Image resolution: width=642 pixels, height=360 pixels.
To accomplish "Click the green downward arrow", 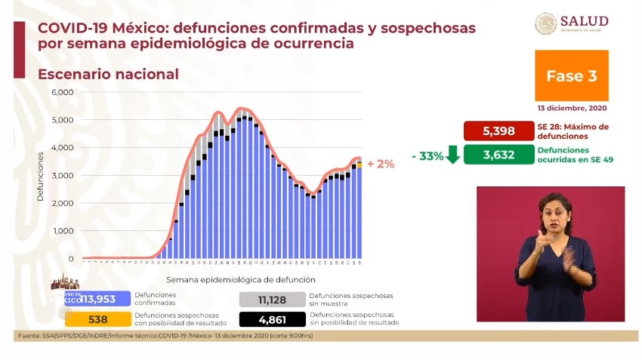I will tap(453, 155).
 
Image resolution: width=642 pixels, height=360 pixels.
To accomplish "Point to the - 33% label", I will tap(427, 155).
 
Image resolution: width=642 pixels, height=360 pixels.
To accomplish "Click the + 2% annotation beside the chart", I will tap(381, 163).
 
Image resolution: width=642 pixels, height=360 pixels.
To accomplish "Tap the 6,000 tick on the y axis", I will tap(62, 92).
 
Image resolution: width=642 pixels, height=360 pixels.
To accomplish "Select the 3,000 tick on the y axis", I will tap(62, 175).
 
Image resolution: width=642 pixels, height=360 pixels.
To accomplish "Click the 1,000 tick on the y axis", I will tap(62, 231).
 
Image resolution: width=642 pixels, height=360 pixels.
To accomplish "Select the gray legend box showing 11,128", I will tap(271, 300).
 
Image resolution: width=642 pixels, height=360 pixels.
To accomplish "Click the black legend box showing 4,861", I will tap(271, 318).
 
